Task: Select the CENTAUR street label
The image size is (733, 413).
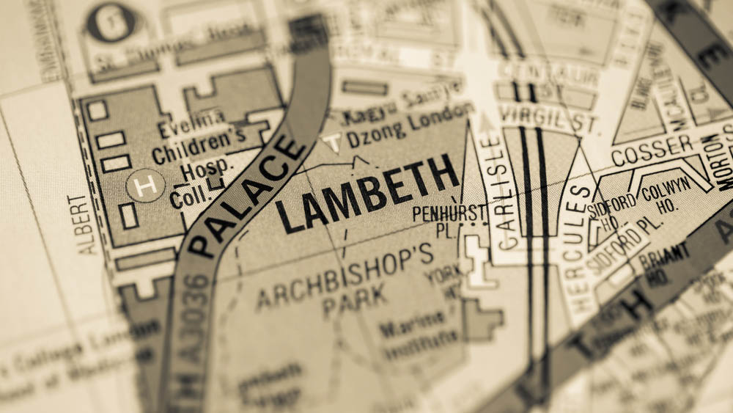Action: pyautogui.click(x=548, y=74)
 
